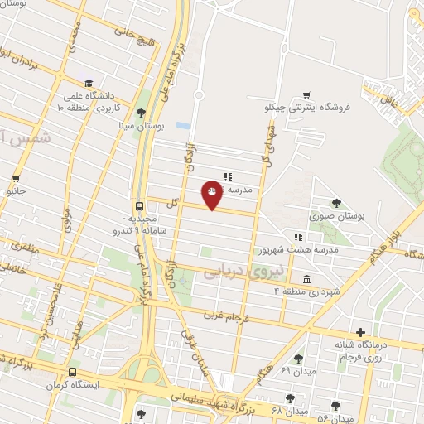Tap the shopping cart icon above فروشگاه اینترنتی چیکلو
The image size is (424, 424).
[x=307, y=94]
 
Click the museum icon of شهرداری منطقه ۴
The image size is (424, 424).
[x=307, y=279]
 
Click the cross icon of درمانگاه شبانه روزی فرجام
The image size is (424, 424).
[x=360, y=332]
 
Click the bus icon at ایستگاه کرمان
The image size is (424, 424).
[x=73, y=372]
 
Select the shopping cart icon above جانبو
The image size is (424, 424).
[x=14, y=179]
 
